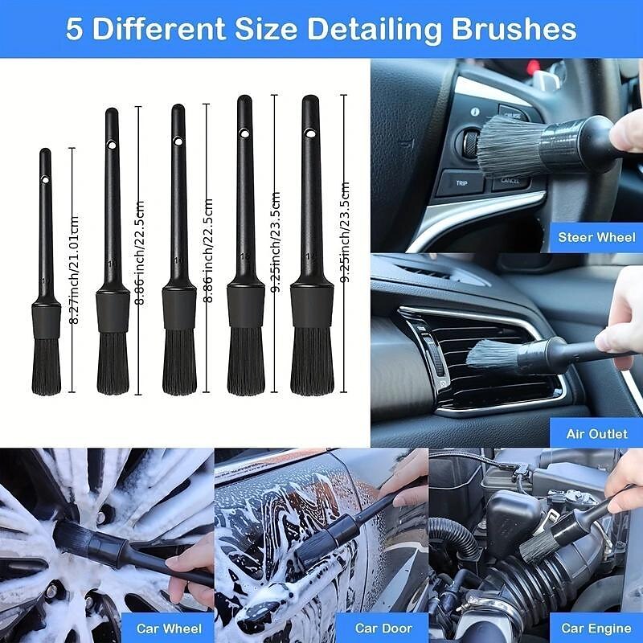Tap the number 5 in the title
point(75,30)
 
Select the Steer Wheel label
point(597,237)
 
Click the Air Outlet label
point(597,433)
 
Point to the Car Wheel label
point(169,628)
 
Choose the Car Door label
point(383,628)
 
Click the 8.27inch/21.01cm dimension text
point(75,269)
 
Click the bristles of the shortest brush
point(47,366)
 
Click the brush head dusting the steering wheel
point(506,145)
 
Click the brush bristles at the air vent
point(494,354)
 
